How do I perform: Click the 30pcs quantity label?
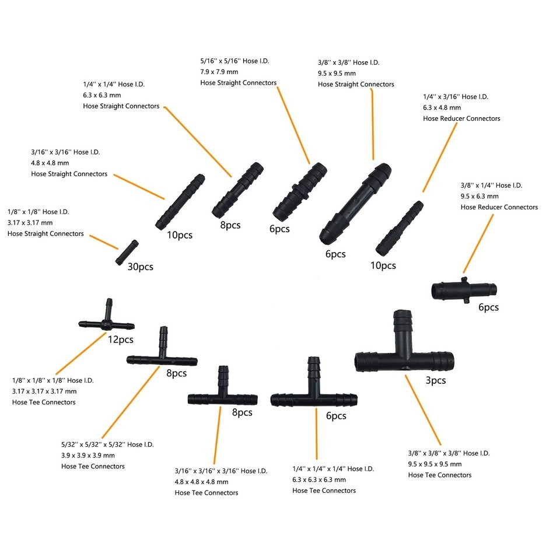pos(141,267)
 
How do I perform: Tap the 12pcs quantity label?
pos(120,338)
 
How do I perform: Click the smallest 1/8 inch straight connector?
pos(127,251)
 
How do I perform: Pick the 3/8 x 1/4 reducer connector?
pos(464,289)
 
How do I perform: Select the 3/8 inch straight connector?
pos(355,202)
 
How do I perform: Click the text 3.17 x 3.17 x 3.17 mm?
pos(44,391)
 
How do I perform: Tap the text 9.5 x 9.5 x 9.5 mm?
pos(435,464)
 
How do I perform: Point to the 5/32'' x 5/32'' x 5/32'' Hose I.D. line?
pos(107,444)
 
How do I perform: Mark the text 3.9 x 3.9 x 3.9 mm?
pos(88,456)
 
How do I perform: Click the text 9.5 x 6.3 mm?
pos(480,197)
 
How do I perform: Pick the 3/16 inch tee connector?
pos(222,397)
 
